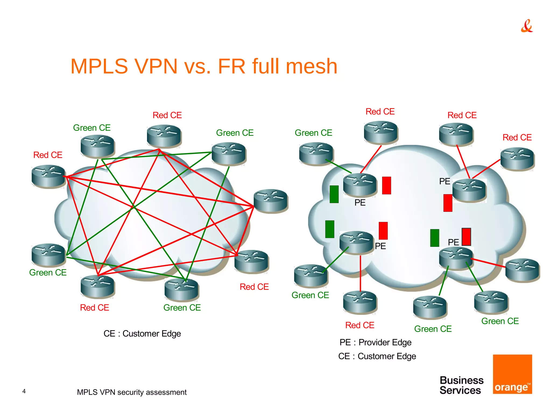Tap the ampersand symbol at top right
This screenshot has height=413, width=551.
pyautogui.click(x=527, y=26)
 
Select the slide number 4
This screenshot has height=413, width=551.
pyautogui.click(x=24, y=391)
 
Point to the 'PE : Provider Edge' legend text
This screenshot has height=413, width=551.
pyautogui.click(x=375, y=342)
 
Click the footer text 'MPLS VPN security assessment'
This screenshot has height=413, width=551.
pyautogui.click(x=132, y=392)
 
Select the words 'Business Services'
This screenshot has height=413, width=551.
pyautogui.click(x=461, y=385)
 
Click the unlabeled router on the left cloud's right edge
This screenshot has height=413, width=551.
pyautogui.click(x=270, y=201)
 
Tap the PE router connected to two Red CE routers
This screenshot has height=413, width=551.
pyautogui.click(x=469, y=190)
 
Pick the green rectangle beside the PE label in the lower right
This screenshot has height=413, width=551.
pyautogui.click(x=435, y=238)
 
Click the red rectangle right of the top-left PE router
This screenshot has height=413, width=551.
pyautogui.click(x=386, y=185)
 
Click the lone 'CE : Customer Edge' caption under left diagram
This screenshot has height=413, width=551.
pyautogui.click(x=142, y=334)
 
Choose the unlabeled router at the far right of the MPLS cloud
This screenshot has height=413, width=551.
pyautogui.click(x=522, y=270)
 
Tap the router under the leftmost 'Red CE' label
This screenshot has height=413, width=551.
pyautogui.click(x=48, y=177)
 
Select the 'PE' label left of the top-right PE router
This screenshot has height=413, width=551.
pyautogui.click(x=444, y=181)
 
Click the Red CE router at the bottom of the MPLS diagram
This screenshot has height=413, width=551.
pyautogui.click(x=360, y=302)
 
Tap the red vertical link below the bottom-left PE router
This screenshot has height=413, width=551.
pyautogui.click(x=360, y=273)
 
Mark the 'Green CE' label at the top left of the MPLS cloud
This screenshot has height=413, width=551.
pyautogui.click(x=313, y=133)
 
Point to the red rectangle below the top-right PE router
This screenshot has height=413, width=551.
pyautogui.click(x=448, y=203)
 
